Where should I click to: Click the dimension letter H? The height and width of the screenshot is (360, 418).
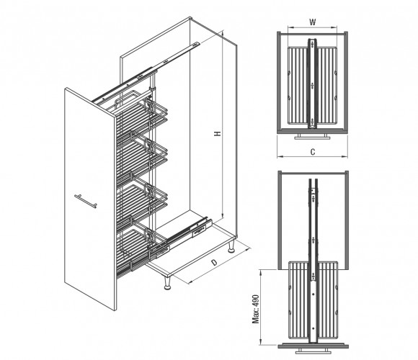pos(218,133)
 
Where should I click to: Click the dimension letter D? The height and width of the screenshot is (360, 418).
pos(214,263)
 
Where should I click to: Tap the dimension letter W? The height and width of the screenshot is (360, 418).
pos(313,22)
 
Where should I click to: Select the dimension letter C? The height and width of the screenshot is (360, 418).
pos(313,152)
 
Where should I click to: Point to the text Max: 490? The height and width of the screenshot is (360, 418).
pos(256,309)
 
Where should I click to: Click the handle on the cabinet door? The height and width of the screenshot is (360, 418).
pos(86,201)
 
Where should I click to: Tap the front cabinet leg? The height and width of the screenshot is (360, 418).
pos(167,283)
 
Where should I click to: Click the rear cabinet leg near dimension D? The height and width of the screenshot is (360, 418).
pos(231,246)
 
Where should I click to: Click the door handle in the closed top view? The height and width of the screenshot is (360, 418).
pos(313,136)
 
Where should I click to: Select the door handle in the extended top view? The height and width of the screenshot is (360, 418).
pos(313,351)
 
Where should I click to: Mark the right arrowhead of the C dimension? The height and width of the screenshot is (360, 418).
pos(345,156)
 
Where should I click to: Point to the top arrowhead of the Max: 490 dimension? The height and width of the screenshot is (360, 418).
pos(261,271)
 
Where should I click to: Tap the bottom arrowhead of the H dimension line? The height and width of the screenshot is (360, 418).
pos(222,215)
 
